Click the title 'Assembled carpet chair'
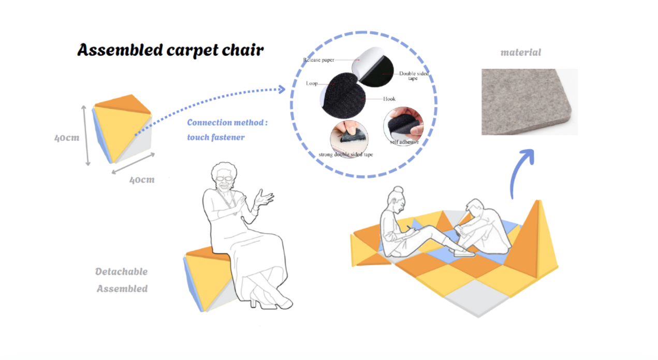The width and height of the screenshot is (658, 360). tap(170, 50)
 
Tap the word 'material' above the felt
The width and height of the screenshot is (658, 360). tap(520, 52)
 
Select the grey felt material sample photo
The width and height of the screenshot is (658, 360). tap(529, 102)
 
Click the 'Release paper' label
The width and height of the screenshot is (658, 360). tap(319, 60)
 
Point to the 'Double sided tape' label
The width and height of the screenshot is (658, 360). tap(414, 76)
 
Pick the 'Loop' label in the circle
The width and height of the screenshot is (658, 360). tap(312, 83)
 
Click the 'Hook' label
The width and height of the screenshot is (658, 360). tap(389, 99)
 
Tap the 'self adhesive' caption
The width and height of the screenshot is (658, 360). tap(404, 142)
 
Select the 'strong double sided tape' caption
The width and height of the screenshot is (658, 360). tap(346, 154)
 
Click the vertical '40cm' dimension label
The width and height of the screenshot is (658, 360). tap(67, 138)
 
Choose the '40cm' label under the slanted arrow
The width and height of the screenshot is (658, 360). tap(142, 180)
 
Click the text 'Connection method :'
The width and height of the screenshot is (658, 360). tap(227, 123)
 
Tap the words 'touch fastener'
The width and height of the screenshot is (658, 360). tap(215, 137)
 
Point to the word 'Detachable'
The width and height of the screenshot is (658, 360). tap(121, 271)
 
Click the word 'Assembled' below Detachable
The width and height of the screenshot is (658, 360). tap(122, 289)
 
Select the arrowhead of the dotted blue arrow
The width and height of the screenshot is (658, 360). tap(282, 89)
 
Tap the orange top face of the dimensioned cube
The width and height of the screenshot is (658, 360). tap(123, 104)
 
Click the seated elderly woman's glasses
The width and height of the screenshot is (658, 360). tap(224, 178)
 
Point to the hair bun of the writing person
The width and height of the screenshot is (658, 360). tap(398, 189)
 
